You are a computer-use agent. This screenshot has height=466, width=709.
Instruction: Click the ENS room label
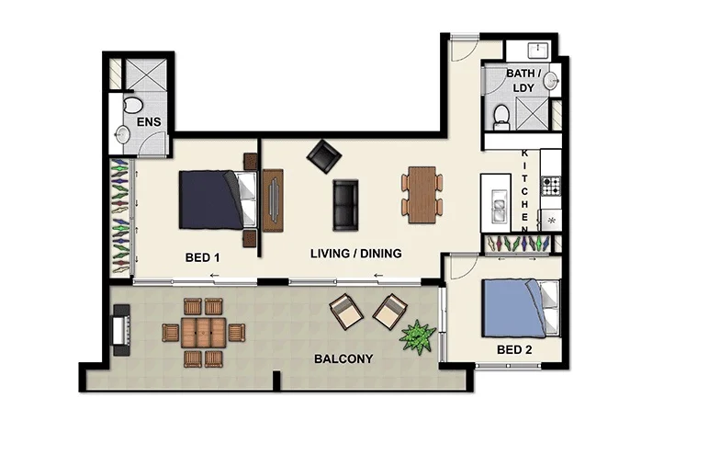coord(149,121)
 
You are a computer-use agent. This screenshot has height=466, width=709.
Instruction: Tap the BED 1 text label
coord(201,258)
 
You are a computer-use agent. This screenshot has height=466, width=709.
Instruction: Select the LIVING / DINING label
coord(355,253)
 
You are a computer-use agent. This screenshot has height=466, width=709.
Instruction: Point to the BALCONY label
coord(343,358)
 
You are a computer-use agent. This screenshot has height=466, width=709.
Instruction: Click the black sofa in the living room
coord(346,205)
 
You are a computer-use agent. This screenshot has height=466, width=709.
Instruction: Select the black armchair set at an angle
coord(323,155)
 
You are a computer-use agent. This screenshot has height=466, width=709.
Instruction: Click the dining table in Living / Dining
coord(422,193)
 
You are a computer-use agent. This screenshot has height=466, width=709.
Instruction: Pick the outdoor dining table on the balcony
coord(203,332)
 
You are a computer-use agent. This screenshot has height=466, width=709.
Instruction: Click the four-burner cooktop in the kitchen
coord(551,187)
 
